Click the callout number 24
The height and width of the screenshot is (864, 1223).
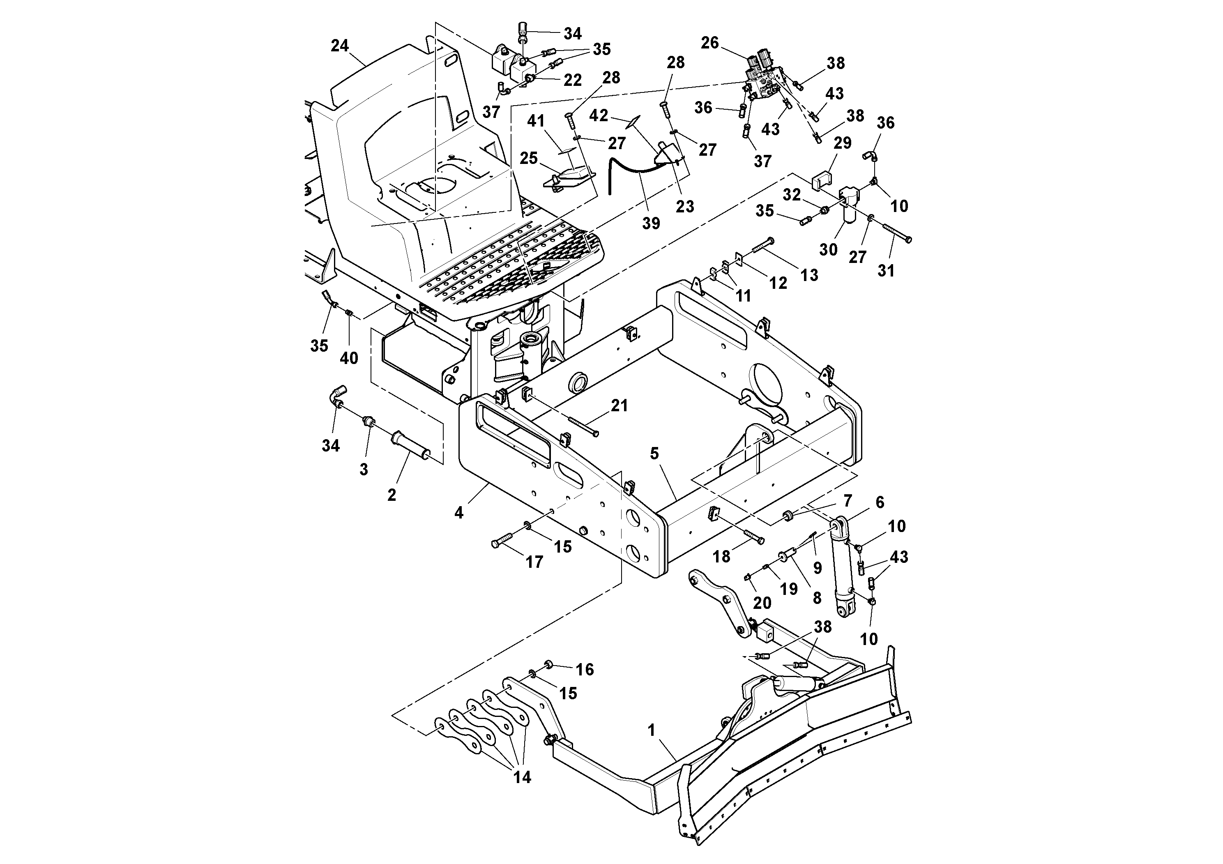(339, 46)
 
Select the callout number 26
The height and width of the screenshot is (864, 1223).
(709, 43)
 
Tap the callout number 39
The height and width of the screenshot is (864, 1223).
(651, 223)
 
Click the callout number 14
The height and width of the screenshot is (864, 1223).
(522, 777)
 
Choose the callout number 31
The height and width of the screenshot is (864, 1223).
(886, 271)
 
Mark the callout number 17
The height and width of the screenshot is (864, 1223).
(534, 562)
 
